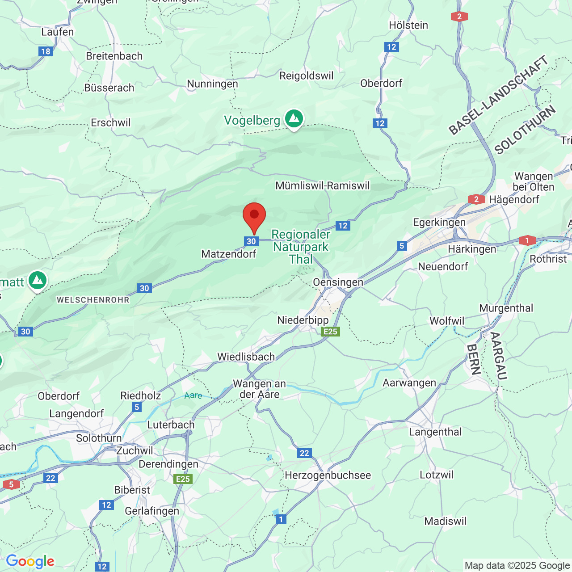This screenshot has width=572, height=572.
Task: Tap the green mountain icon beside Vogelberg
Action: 294,119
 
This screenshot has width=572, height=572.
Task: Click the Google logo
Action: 30,561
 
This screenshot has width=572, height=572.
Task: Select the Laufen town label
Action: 57,32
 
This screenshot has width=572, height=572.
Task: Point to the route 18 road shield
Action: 46,51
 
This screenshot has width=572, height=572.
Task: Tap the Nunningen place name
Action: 212,84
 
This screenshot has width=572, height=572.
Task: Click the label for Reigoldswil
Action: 306,76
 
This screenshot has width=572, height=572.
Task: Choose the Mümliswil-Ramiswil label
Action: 322,185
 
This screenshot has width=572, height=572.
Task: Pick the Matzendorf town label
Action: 229,254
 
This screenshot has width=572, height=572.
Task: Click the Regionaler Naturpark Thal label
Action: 301,247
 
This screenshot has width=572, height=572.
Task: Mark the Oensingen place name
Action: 338,282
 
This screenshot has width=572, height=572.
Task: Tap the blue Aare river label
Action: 193,395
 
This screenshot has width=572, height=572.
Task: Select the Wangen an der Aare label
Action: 259,389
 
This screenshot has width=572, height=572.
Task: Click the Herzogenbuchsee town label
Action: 328,475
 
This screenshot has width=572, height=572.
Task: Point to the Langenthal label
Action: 435,432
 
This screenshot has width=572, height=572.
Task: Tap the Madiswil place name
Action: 445,522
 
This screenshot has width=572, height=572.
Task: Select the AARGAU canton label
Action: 499,356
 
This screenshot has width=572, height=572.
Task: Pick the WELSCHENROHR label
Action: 93,300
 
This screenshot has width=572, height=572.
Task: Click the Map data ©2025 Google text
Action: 517,566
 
